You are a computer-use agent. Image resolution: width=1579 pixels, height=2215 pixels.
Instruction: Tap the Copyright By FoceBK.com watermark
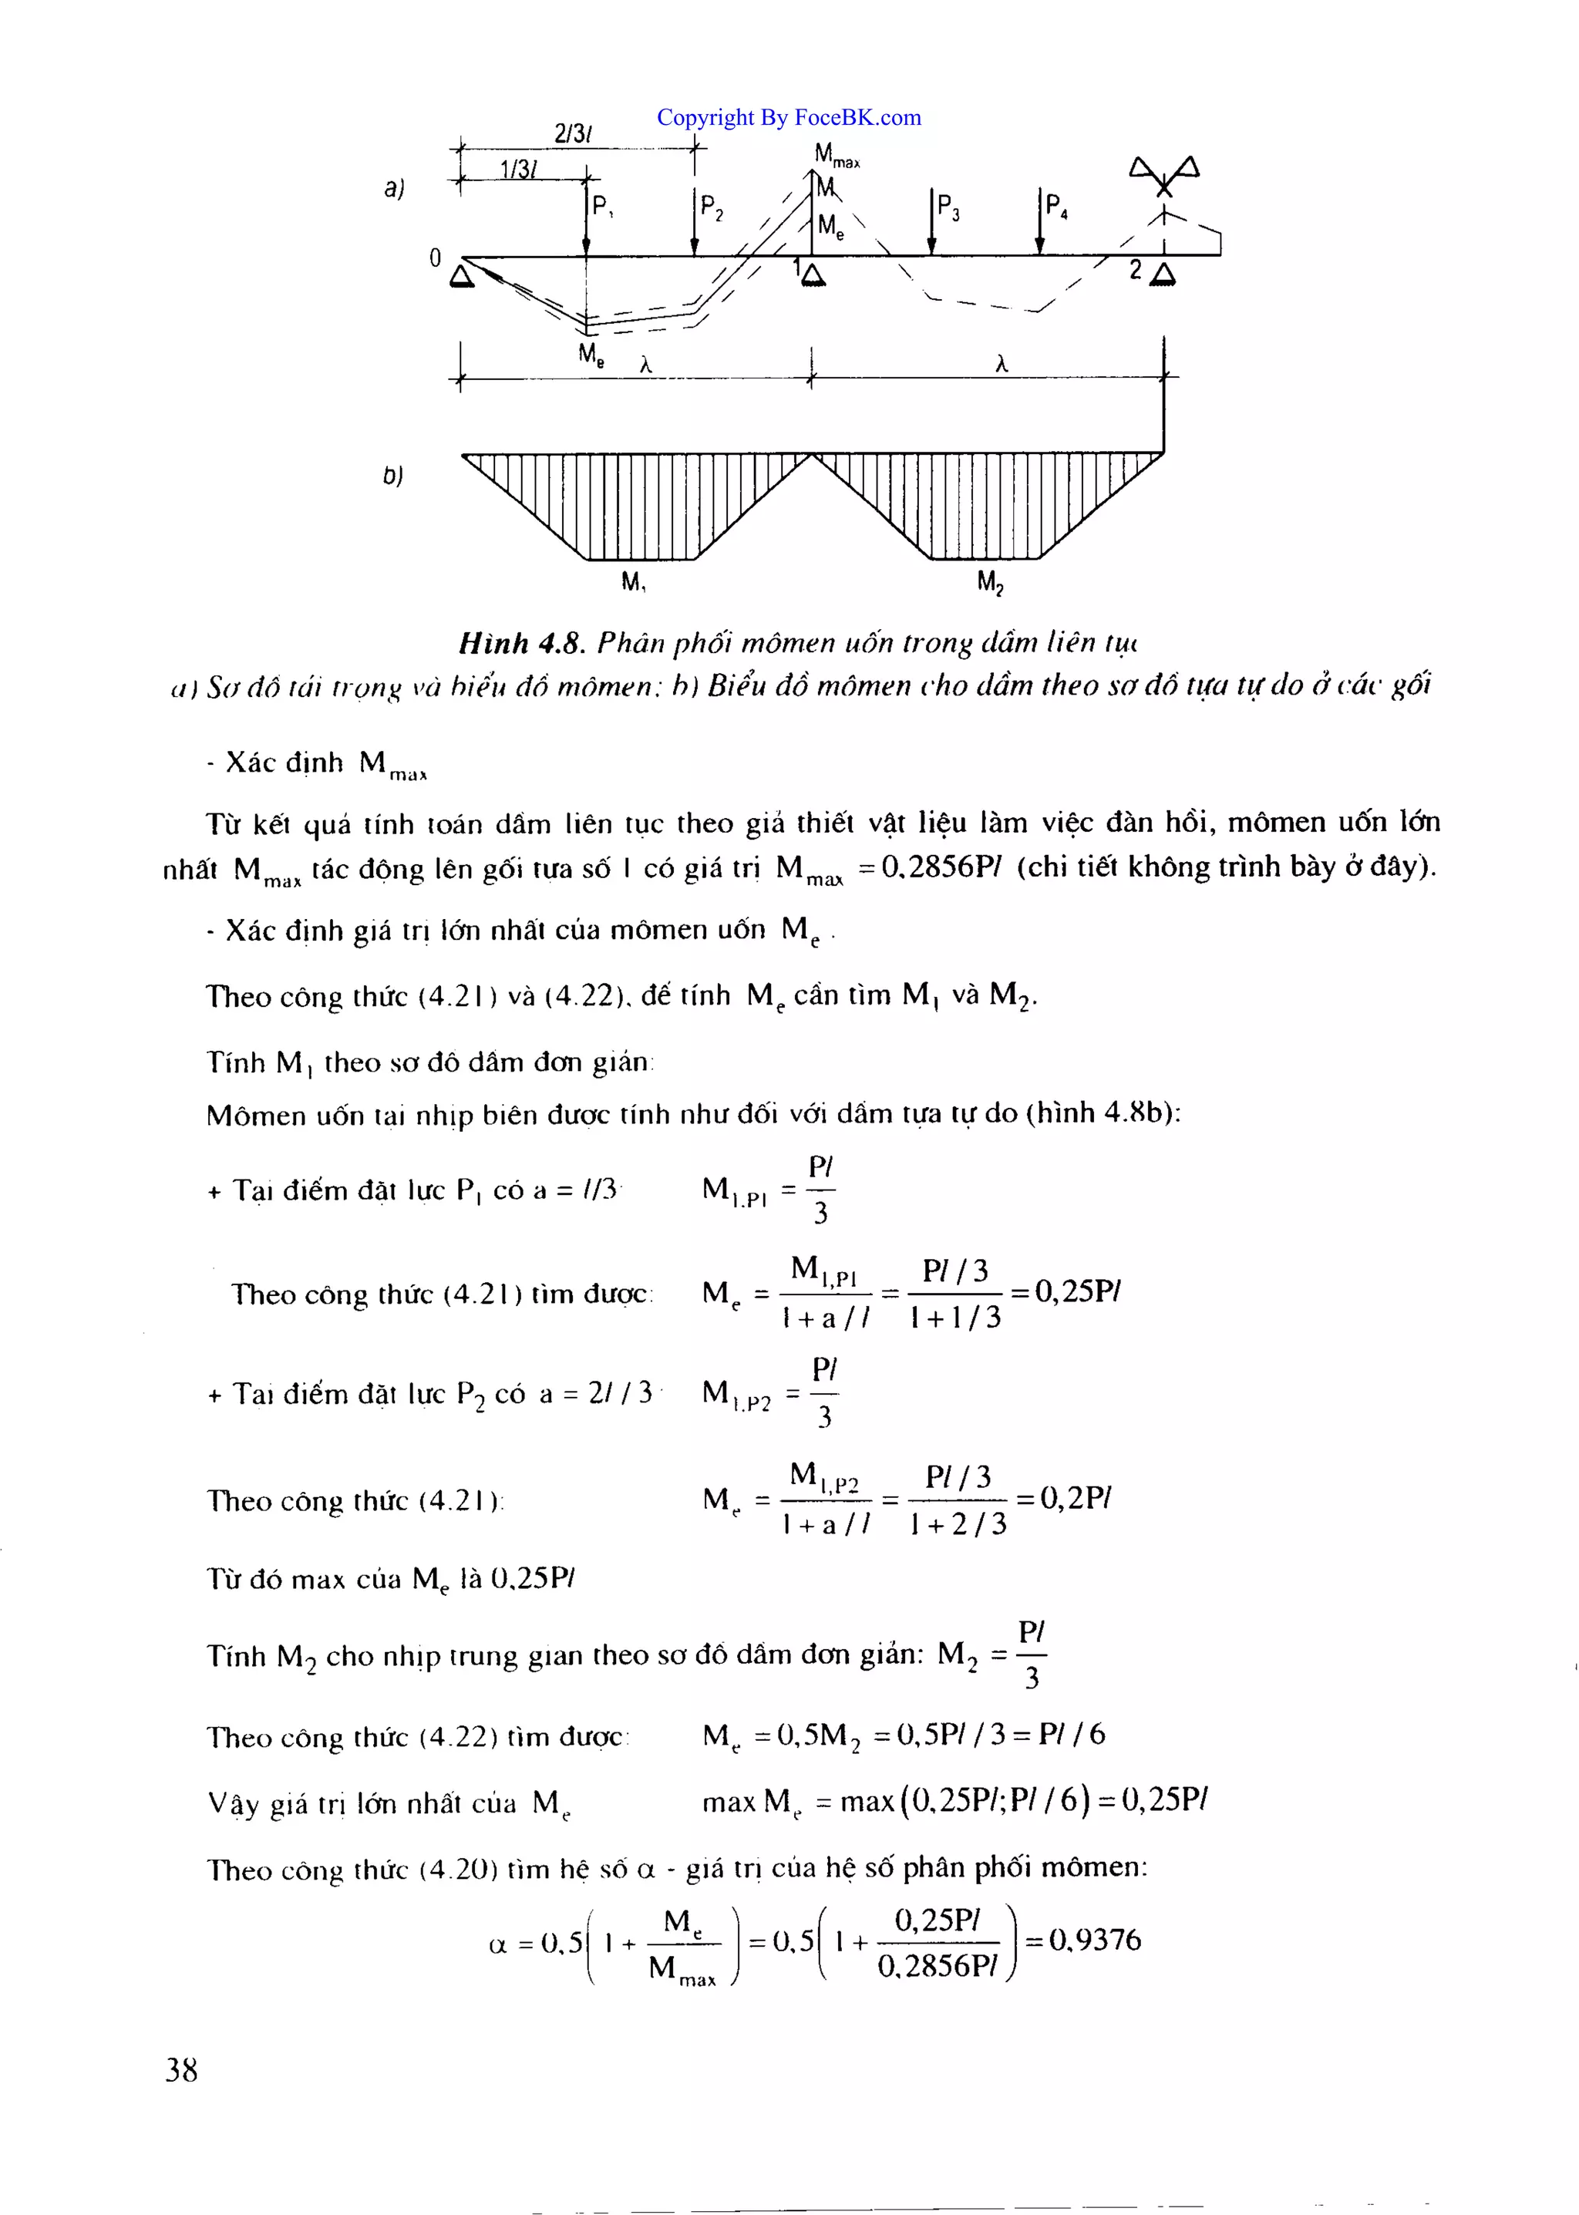(x=789, y=118)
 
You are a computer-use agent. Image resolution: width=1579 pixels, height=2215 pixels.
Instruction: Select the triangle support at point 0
(x=462, y=277)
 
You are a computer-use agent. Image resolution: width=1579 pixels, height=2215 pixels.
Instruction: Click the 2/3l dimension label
(x=574, y=134)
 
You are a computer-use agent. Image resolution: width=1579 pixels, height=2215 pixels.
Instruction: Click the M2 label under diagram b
(x=990, y=582)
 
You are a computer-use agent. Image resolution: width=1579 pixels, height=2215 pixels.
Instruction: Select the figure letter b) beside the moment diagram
(x=392, y=476)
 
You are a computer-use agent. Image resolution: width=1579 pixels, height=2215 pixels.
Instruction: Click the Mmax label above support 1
(x=837, y=155)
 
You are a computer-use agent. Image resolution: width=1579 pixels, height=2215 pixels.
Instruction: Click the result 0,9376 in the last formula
(x=1095, y=1941)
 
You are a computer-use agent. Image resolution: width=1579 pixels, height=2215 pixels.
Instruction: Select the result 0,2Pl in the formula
(x=1076, y=1499)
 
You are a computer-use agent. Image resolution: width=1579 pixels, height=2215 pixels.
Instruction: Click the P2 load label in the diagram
(x=712, y=207)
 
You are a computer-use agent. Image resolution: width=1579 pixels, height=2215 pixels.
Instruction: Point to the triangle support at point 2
(x=1162, y=276)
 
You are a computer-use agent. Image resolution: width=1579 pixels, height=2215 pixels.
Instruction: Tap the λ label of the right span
(x=1002, y=365)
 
